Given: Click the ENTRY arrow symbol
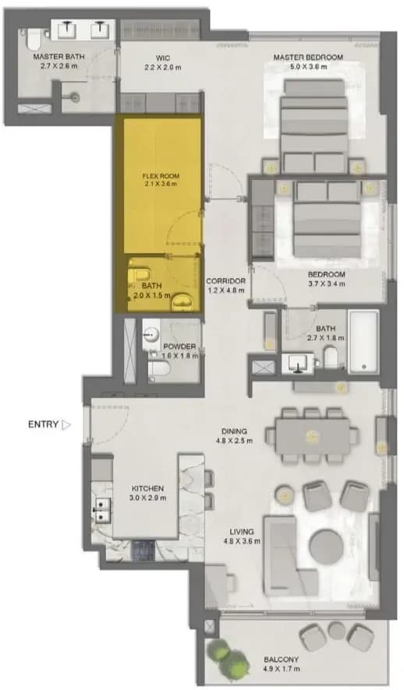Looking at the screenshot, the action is pos(66,424).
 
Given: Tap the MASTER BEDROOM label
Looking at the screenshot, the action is pos(308,57).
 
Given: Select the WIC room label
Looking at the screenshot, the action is pos(162,58).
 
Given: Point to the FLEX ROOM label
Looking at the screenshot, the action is pos(161,176).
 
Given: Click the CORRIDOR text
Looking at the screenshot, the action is pos(225,281).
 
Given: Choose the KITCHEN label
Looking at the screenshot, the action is pos(147,488).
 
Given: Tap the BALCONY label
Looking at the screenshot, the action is pos(281,660).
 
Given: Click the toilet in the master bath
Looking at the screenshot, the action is pos(33,38).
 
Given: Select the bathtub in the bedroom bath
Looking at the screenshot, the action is pos(363,342).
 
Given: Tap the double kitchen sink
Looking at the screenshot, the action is pos(101,509).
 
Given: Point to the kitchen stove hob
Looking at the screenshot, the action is pos(144,550).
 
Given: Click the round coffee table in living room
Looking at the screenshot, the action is pos(325,547).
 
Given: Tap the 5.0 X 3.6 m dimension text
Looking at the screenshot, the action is pos(308,67).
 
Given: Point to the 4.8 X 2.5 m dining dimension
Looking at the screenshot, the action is pos(234,441).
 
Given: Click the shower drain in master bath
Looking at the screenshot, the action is pos(75,96).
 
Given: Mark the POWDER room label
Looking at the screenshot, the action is pos(179,347).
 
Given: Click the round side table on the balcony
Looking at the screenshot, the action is pos(338,630).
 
